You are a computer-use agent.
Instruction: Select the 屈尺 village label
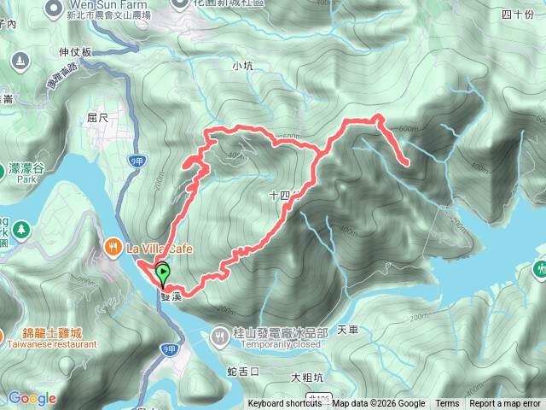(98, 117)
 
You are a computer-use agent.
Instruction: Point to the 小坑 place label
(243, 65)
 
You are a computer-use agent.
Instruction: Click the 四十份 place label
(517, 14)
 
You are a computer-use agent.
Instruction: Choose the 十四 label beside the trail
(280, 195)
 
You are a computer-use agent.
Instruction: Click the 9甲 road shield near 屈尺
(136, 160)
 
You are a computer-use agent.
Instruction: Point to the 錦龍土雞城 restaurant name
(41, 334)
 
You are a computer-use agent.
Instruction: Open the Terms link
(447, 404)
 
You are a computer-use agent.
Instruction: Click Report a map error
(506, 404)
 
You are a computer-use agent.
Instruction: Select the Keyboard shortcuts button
(285, 404)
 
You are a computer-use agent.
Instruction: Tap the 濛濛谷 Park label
(27, 169)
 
